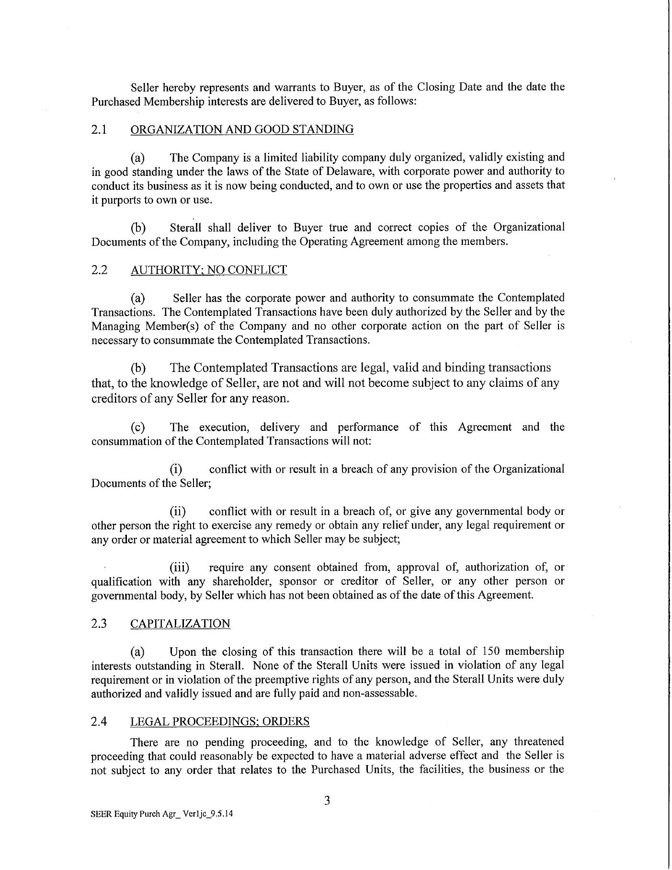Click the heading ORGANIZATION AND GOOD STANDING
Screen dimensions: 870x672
242,129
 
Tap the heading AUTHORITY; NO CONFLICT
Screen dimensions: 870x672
208,270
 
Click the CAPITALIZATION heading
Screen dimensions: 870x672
180,624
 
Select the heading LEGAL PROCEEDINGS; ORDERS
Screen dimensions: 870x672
220,721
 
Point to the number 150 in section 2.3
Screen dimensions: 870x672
490,652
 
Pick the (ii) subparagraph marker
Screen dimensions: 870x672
178,511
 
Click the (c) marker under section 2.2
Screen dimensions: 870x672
138,428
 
